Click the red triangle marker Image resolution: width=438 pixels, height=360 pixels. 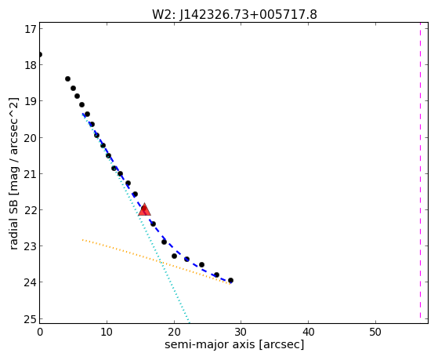click(144, 209)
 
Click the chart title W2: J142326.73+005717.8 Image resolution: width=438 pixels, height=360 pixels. click(234, 15)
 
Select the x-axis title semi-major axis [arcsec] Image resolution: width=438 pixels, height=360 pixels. click(234, 344)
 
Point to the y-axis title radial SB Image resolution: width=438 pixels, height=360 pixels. click(13, 223)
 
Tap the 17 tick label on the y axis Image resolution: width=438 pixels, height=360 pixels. click(30, 29)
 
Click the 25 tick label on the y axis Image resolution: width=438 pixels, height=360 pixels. click(30, 319)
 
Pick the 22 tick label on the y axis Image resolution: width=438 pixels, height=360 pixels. click(30, 210)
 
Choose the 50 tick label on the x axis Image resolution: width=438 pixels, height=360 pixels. click(375, 332)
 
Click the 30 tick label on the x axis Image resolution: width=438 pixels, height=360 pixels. click(241, 332)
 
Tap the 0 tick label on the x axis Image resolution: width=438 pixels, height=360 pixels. click(40, 332)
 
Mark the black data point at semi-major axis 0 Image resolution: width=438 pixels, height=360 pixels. click(40, 55)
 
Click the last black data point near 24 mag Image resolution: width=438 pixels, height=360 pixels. click(230, 280)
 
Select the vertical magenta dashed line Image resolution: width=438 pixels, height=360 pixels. click(420, 170)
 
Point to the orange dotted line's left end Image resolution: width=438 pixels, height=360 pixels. click(82, 240)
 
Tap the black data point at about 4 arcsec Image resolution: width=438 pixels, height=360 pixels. click(67, 79)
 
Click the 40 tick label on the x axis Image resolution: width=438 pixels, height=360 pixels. click(308, 332)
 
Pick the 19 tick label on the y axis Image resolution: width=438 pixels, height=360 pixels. click(30, 101)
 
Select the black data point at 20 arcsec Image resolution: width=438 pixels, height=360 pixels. click(174, 256)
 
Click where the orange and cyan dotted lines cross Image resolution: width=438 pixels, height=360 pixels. click(161, 262)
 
